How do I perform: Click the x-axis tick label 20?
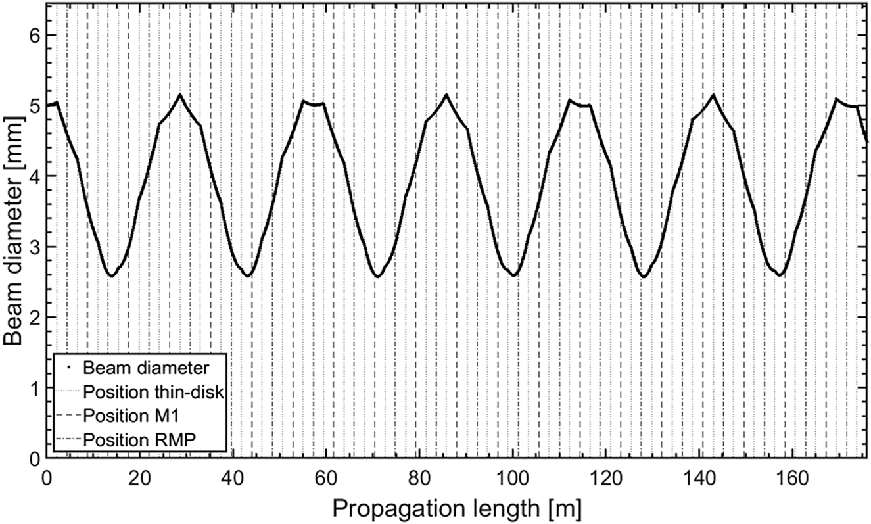click(x=139, y=475)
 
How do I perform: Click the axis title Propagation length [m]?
click(x=457, y=507)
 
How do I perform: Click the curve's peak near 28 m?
click(x=179, y=95)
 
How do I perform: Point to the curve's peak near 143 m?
click(x=713, y=95)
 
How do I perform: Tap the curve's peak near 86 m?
click(x=446, y=95)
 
